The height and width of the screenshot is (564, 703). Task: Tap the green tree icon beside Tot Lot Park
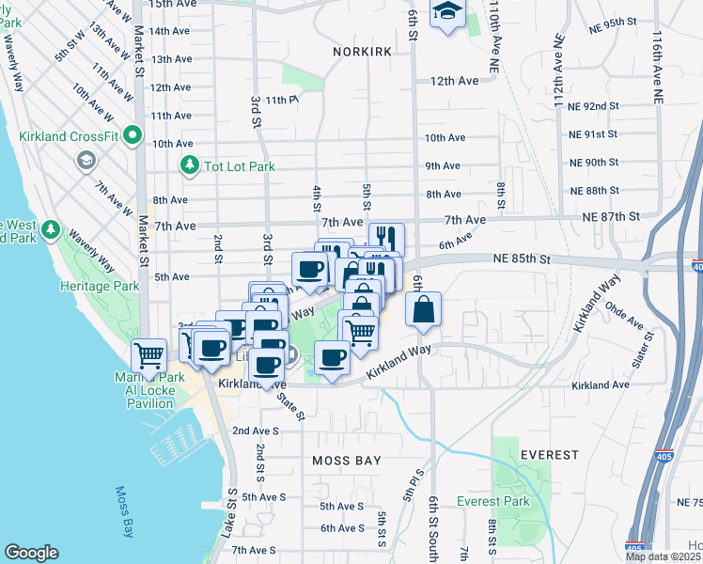coord(190,166)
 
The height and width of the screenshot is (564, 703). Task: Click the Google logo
coord(31,553)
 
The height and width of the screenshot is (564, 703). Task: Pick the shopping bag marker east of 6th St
coord(424,310)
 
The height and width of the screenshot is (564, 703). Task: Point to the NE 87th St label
coord(611,216)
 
